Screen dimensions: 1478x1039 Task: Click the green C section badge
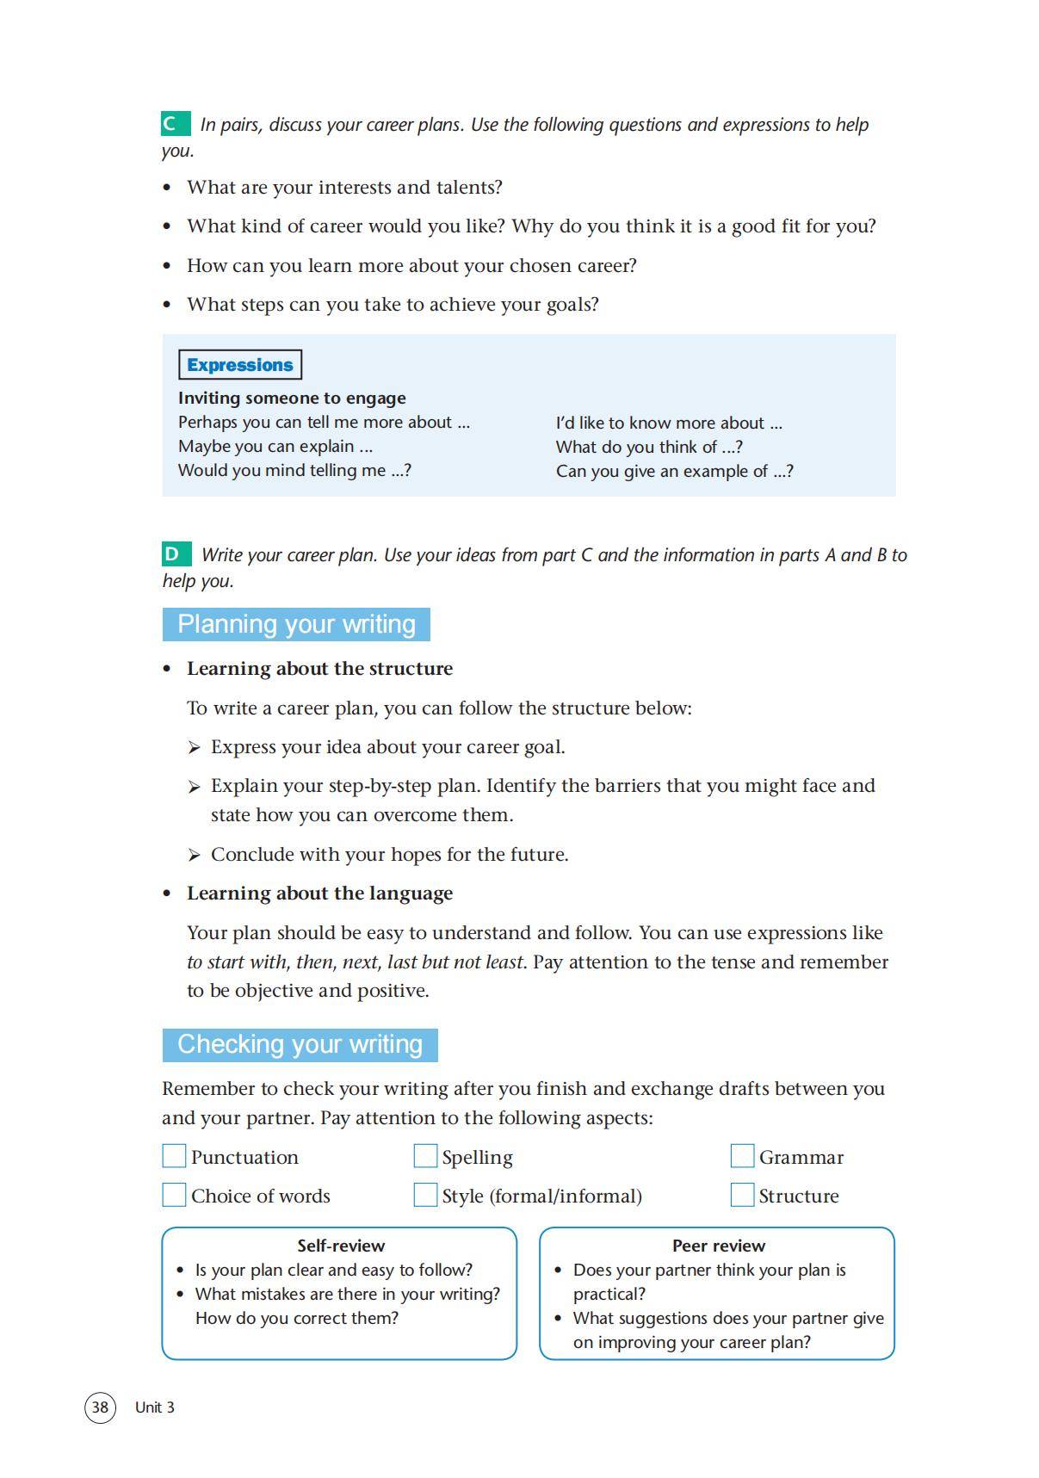tap(175, 124)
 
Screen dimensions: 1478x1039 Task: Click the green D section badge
tap(176, 553)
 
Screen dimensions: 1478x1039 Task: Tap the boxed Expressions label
tap(239, 365)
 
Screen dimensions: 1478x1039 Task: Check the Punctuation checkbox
tap(174, 1156)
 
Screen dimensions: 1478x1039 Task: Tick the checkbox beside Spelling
tap(425, 1156)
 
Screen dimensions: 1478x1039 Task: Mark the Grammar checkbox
tap(742, 1156)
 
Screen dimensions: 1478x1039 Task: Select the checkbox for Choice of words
tap(174, 1195)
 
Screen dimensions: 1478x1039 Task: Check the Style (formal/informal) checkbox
tap(425, 1195)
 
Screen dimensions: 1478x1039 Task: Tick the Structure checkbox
tap(742, 1195)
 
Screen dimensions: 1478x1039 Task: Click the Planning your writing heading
tap(296, 624)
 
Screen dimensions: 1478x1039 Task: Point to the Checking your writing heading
tap(300, 1044)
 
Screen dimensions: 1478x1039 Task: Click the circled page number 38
tap(100, 1407)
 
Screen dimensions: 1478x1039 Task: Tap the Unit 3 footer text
tap(155, 1407)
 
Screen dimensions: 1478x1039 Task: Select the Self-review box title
tap(341, 1246)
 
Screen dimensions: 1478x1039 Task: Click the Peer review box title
tap(718, 1246)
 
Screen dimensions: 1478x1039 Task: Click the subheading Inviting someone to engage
tap(292, 398)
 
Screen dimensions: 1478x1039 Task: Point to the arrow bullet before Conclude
tap(195, 855)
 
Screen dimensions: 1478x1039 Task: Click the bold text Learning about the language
tap(319, 894)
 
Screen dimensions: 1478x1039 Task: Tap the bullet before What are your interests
tap(168, 188)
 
